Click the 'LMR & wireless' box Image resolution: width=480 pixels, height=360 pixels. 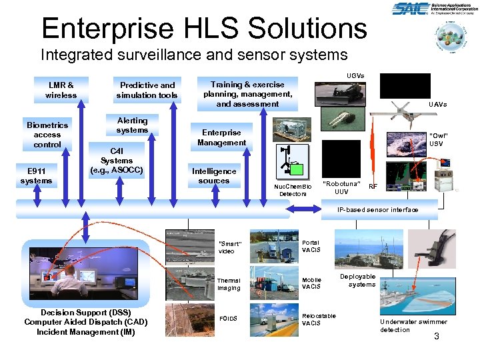pyautogui.click(x=61, y=90)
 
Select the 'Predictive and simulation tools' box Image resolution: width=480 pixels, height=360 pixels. pyautogui.click(x=147, y=90)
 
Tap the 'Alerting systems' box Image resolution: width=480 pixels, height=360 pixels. pyautogui.click(x=132, y=125)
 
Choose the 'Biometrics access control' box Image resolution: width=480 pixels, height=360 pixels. pyautogui.click(x=47, y=135)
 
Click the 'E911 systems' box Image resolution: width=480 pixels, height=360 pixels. pyautogui.click(x=36, y=176)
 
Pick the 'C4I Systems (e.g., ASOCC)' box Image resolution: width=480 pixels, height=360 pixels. pyautogui.click(x=117, y=160)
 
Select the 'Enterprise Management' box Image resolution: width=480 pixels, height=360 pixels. pyautogui.click(x=221, y=137)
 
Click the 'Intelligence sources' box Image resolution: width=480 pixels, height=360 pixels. pyautogui.click(x=213, y=176)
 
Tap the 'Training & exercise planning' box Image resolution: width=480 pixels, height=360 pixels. pyautogui.click(x=247, y=94)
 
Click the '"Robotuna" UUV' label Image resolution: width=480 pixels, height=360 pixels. pyautogui.click(x=341, y=187)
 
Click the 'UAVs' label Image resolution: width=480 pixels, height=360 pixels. pyautogui.click(x=437, y=105)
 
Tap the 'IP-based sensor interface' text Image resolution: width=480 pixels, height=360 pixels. pyautogui.click(x=378, y=210)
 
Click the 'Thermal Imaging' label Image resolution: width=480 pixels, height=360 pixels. pyautogui.click(x=228, y=284)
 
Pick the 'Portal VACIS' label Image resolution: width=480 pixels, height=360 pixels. pyautogui.click(x=311, y=246)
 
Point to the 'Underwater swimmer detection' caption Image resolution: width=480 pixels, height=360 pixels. pyautogui.click(x=413, y=325)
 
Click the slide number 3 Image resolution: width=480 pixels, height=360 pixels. pyautogui.click(x=437, y=336)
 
